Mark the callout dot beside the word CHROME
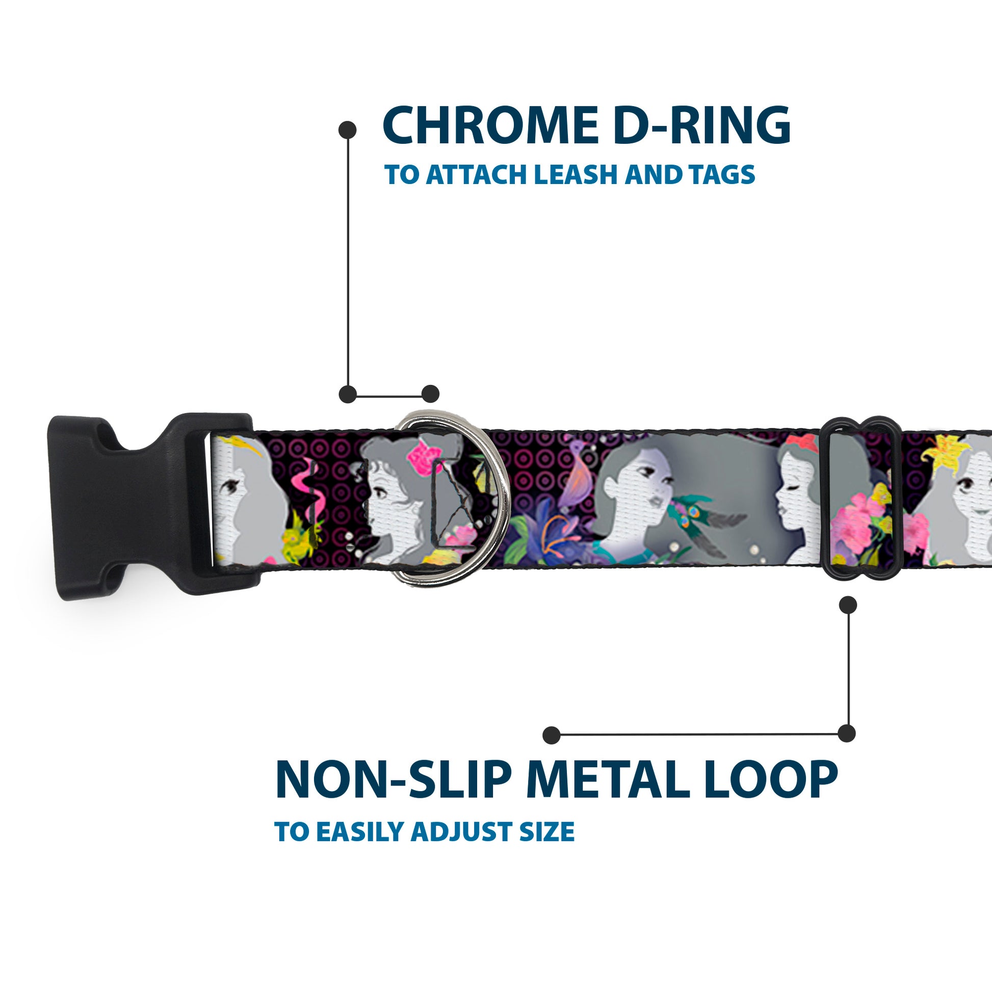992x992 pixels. coord(348,129)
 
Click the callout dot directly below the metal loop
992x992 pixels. coord(848,606)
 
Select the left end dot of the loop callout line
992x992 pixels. coord(552,735)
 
